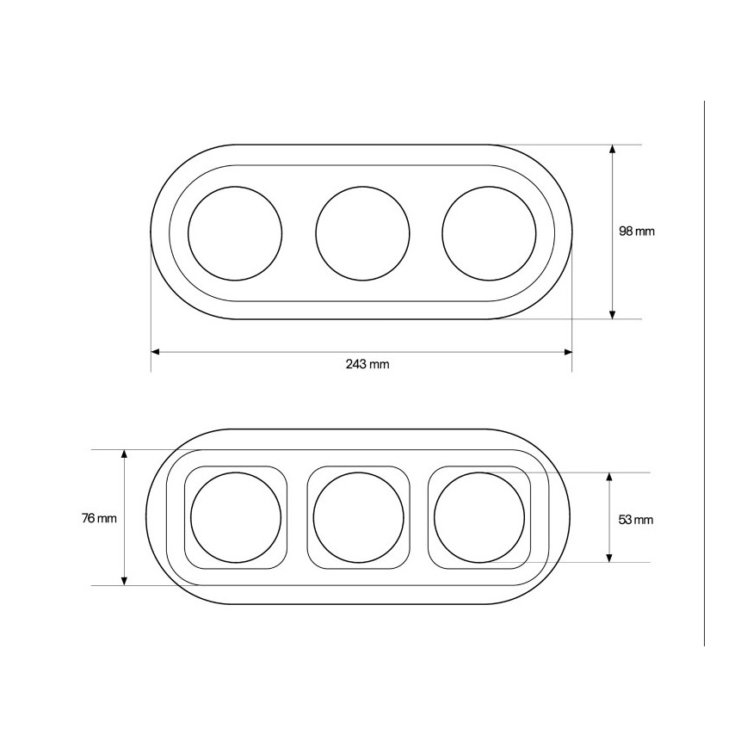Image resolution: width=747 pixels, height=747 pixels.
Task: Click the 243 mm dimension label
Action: coord(367,364)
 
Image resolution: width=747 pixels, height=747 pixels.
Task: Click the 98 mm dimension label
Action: coord(637,232)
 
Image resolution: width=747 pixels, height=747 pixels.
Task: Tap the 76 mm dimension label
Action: coord(99,518)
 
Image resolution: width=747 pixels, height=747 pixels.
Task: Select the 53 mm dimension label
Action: coord(635,520)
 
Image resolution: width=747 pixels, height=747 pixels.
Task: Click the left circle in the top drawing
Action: coord(188,233)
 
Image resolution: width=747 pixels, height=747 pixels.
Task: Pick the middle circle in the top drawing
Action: coord(315,233)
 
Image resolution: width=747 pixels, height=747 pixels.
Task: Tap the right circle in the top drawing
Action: coord(442,233)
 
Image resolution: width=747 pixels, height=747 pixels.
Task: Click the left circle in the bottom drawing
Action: coord(190,518)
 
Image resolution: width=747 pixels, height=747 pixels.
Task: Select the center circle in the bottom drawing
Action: coord(313,518)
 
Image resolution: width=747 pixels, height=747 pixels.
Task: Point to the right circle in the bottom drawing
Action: coord(434,518)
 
